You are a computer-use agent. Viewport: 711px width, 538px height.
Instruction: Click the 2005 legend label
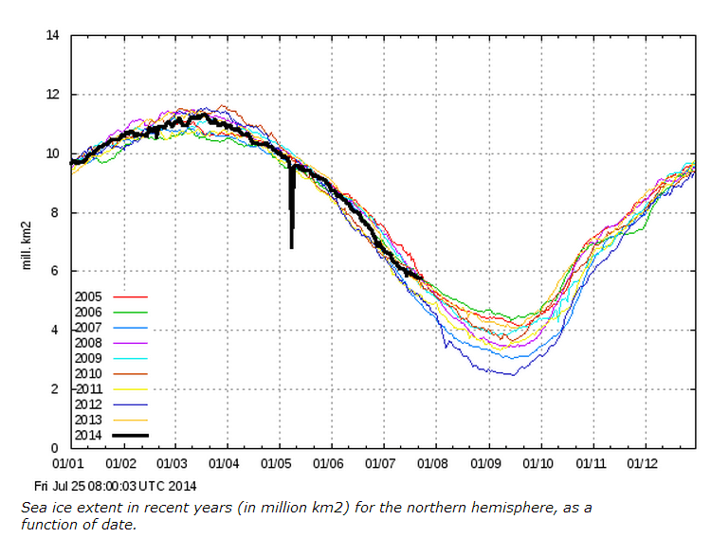pos(87,296)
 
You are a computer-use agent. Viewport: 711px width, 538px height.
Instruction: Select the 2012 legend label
pos(87,405)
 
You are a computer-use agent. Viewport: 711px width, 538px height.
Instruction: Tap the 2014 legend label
pos(87,436)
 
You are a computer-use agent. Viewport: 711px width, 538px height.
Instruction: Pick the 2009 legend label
pos(87,359)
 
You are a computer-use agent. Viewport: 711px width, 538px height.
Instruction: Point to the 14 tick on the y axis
pos(53,36)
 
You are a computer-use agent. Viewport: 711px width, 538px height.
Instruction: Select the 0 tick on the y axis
pos(56,448)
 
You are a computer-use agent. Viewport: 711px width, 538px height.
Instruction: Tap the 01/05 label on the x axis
pos(279,464)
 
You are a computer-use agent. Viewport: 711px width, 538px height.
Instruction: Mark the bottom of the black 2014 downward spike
pos(291,248)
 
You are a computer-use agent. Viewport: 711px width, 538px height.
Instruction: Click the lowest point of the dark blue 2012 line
pos(513,375)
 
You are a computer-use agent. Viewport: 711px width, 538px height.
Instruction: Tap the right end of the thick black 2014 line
pos(422,278)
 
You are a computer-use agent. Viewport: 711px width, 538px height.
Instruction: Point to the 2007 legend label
pos(87,328)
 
